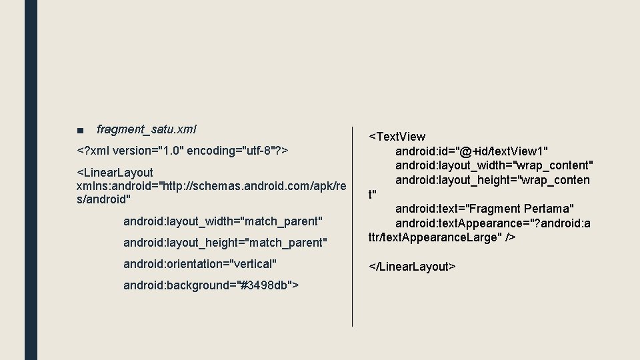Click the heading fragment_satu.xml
point(146,129)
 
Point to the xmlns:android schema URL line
point(211,186)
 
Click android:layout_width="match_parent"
point(223,220)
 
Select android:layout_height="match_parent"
point(225,242)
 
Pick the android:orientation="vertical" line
point(200,264)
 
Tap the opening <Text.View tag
point(397,137)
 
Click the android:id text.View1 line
point(471,151)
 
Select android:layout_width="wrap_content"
point(494,165)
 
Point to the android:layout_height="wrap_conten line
point(492,180)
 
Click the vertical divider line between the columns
point(352,227)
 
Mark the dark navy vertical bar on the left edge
point(31,180)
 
